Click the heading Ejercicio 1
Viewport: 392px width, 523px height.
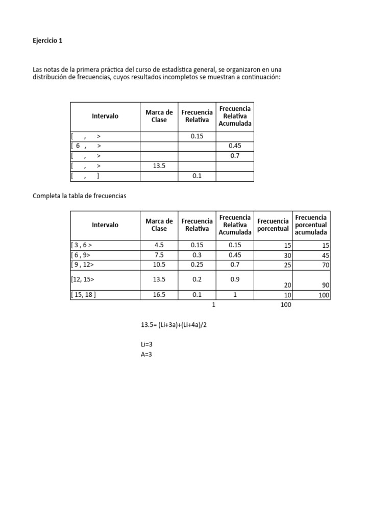click(x=47, y=41)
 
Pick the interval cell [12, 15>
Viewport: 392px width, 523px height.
click(x=83, y=280)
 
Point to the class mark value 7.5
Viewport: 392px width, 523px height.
click(x=159, y=255)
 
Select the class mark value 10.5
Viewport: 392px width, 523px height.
click(x=159, y=265)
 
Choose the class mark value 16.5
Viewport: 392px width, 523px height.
click(x=159, y=295)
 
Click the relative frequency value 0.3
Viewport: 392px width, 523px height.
click(x=197, y=255)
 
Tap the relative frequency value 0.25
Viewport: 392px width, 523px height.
click(x=197, y=265)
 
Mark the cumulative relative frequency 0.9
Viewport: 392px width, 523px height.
click(x=235, y=280)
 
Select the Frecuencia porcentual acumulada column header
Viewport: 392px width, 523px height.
click(x=311, y=225)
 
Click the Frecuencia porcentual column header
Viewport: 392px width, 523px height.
click(x=273, y=225)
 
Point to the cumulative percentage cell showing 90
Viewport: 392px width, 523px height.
click(x=326, y=286)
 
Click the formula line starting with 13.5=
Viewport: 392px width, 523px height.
click(x=174, y=325)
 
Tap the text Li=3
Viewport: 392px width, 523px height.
click(x=146, y=345)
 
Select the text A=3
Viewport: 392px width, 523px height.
click(x=146, y=354)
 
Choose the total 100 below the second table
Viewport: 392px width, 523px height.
click(x=285, y=305)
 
